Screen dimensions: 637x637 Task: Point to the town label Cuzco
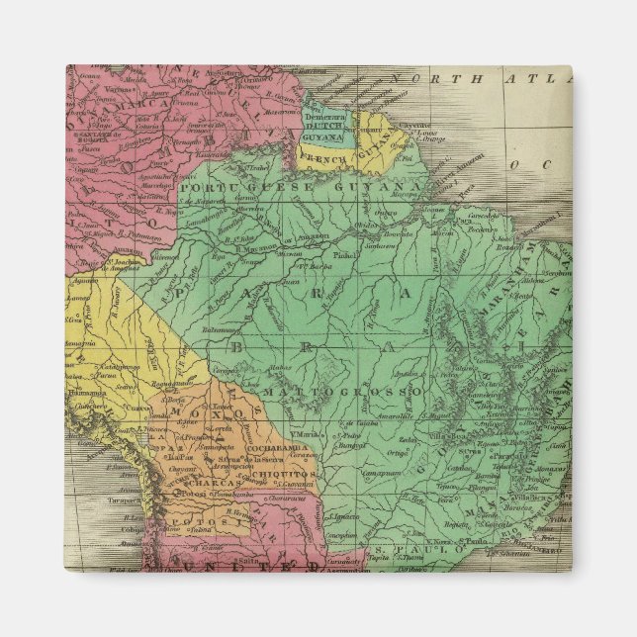coord(137,409)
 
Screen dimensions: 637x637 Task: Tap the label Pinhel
coord(345,281)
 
